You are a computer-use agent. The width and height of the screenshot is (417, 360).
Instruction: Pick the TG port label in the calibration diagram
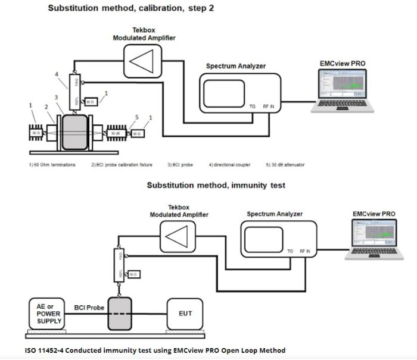pyautogui.click(x=253, y=107)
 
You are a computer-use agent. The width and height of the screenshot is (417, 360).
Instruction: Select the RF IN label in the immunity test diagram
pyautogui.click(x=304, y=252)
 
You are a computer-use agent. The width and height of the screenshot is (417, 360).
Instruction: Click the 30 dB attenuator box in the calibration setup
pyautogui.click(x=118, y=134)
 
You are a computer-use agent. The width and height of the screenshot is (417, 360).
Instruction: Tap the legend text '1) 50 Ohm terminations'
pyautogui.click(x=52, y=165)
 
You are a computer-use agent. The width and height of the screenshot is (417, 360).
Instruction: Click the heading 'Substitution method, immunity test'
pyautogui.click(x=216, y=185)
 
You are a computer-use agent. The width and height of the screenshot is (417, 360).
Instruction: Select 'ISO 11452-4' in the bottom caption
pyautogui.click(x=45, y=350)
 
